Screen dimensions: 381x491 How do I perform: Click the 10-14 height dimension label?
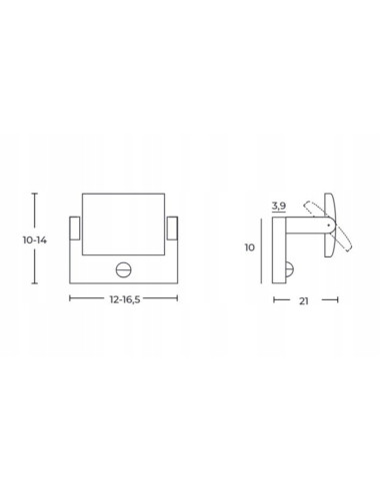coord(35,240)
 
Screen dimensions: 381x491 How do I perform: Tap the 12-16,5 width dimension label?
coord(125,299)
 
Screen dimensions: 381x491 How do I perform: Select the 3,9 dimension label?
coord(279,206)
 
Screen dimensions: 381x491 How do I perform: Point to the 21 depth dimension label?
coord(303,301)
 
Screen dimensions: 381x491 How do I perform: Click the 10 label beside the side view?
coord(250,247)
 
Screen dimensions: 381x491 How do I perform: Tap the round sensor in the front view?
coord(123,269)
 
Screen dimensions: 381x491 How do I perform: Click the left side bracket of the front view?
coord(75,229)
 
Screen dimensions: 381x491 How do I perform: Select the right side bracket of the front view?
coord(172,228)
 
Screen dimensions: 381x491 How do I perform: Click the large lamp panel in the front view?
coord(123,225)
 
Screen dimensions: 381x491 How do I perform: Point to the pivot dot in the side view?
coord(329,226)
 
